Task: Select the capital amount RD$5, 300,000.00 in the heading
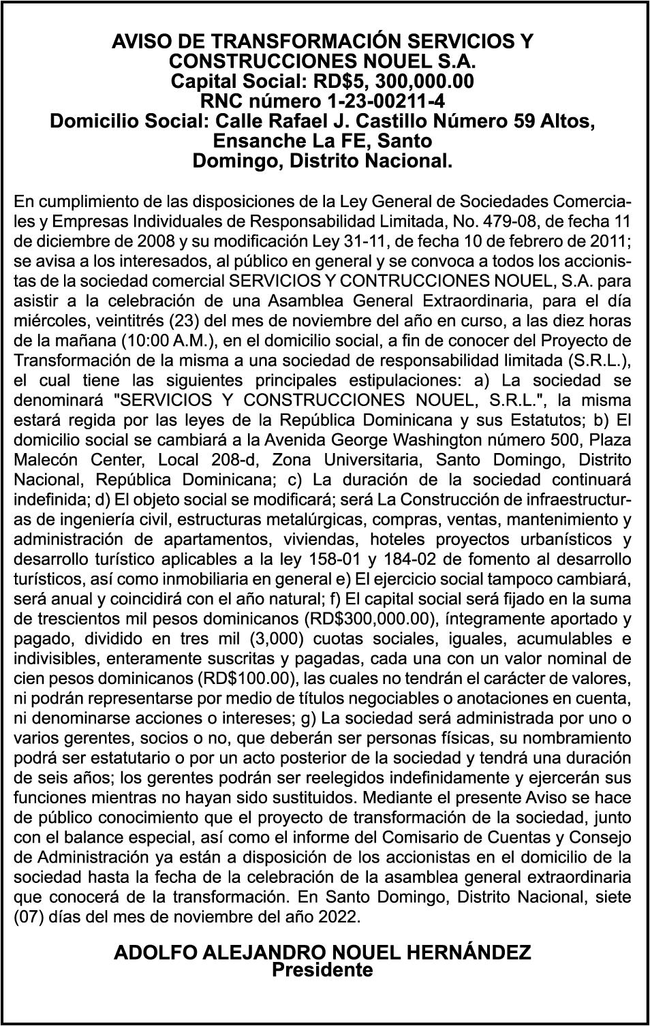tap(392, 82)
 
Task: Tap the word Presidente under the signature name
tap(322, 969)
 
